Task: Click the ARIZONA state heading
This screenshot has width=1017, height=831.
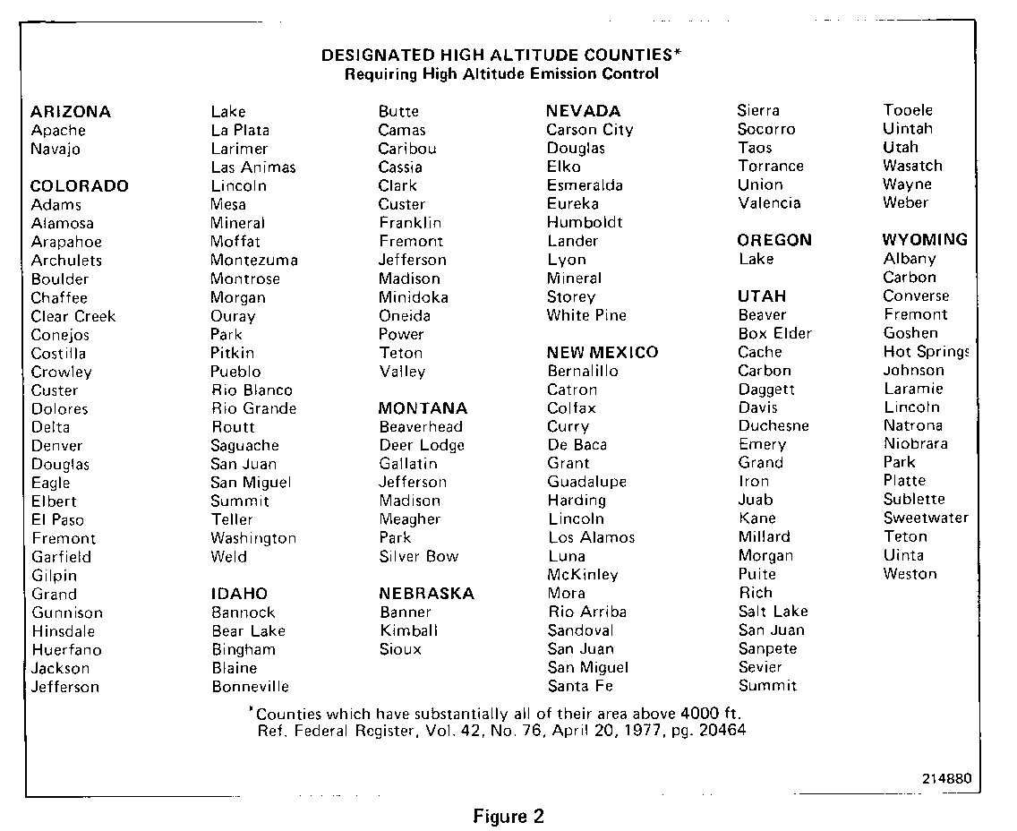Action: click(x=71, y=112)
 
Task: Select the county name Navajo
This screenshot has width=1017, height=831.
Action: click(x=56, y=150)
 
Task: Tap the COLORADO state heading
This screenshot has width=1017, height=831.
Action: click(x=80, y=186)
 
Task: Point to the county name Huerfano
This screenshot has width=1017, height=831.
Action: click(x=66, y=650)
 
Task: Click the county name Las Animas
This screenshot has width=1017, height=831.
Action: click(x=253, y=167)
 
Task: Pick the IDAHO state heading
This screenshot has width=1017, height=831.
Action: click(x=239, y=594)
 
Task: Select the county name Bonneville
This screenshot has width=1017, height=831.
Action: click(x=251, y=687)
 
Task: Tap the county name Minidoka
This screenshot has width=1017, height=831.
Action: click(x=414, y=297)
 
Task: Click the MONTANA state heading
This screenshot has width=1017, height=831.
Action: click(x=423, y=408)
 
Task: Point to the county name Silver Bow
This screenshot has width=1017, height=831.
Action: click(x=419, y=556)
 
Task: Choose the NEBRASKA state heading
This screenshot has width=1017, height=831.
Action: click(x=426, y=594)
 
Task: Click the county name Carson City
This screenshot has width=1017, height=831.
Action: click(x=590, y=130)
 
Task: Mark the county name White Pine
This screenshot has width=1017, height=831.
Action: click(x=587, y=315)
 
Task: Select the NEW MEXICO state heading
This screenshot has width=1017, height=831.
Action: click(x=603, y=353)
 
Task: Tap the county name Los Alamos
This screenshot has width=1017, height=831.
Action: click(x=592, y=537)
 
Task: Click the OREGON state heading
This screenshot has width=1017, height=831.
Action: click(x=774, y=240)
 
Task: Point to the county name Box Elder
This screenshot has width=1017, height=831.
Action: click(x=775, y=333)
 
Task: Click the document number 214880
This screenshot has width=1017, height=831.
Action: click(x=946, y=778)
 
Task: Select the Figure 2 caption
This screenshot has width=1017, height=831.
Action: click(x=508, y=817)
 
